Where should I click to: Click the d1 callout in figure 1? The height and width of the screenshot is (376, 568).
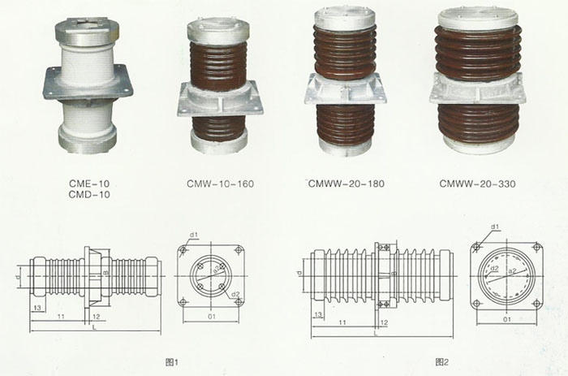click(194, 236)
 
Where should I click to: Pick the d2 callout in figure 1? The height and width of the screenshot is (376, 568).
click(236, 293)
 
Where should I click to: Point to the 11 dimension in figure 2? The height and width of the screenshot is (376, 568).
click(345, 322)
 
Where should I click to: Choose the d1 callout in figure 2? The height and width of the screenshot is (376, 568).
click(494, 227)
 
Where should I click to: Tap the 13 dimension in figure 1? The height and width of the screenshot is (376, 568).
click(38, 309)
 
